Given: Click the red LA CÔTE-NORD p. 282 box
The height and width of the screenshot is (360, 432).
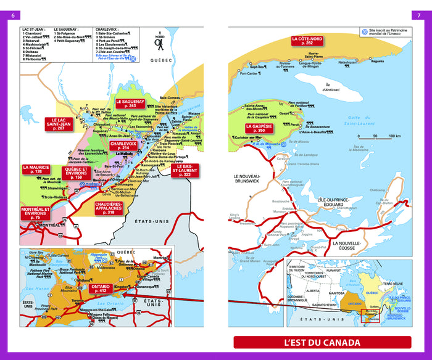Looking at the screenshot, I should [307, 41].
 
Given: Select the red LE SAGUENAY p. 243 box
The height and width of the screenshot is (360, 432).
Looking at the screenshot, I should [130, 104].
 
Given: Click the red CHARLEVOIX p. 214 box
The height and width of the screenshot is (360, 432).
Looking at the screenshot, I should [123, 145].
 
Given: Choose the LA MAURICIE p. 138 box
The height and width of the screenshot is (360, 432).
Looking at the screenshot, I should [36, 170].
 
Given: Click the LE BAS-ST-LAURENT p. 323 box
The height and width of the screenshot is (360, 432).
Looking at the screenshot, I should [187, 171].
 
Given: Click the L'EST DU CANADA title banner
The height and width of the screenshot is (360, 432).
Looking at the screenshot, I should [322, 343].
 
